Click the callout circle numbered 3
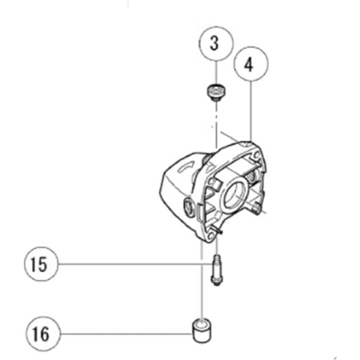[x=214, y=44]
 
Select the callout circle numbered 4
[x=248, y=66]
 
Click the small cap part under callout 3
[x=214, y=91]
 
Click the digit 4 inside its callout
[x=248, y=66]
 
